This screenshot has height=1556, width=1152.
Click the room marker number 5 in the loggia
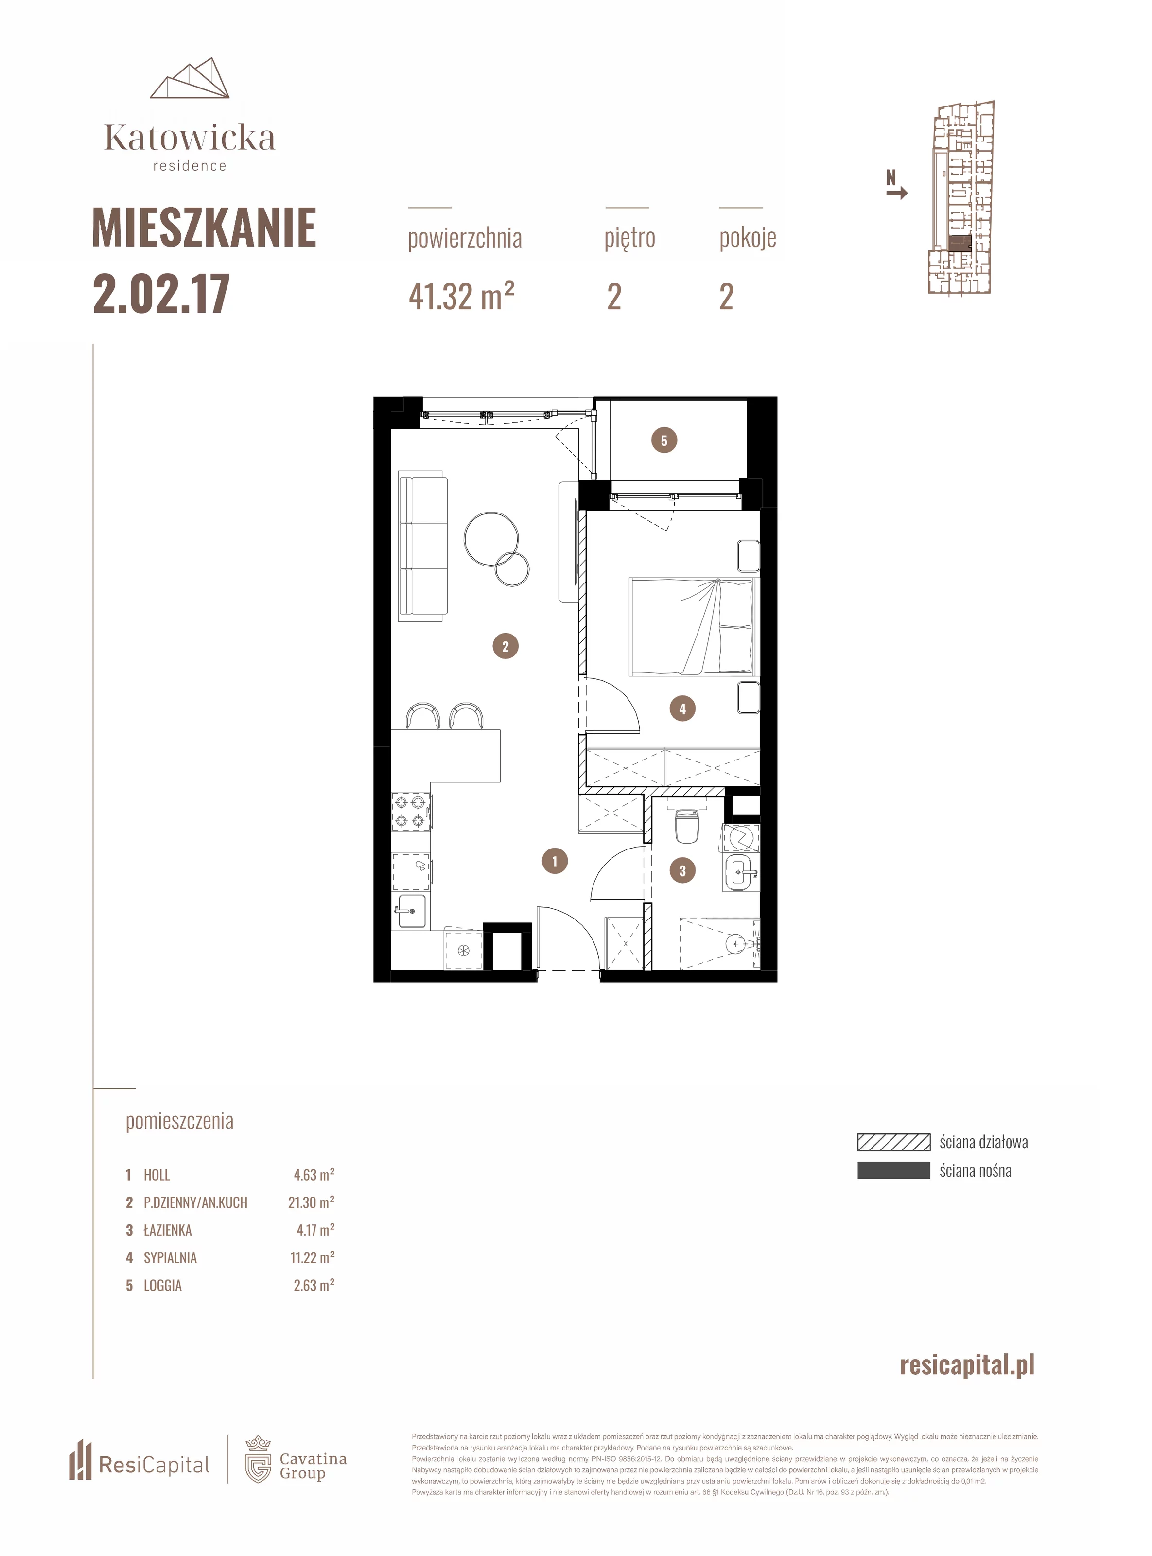click(x=664, y=441)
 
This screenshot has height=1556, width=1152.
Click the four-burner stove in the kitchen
click(x=410, y=811)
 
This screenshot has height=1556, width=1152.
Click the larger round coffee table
click(x=491, y=538)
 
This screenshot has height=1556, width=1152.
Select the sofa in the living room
click(x=422, y=546)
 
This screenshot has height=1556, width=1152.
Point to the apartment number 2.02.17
click(x=161, y=294)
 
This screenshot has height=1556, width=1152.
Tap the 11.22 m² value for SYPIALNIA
click(x=313, y=1257)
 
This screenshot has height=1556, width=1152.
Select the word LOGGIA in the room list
click(x=162, y=1285)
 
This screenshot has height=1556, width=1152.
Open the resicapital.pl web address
click(x=967, y=1364)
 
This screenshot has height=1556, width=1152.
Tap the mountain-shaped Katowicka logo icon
click(x=190, y=78)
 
